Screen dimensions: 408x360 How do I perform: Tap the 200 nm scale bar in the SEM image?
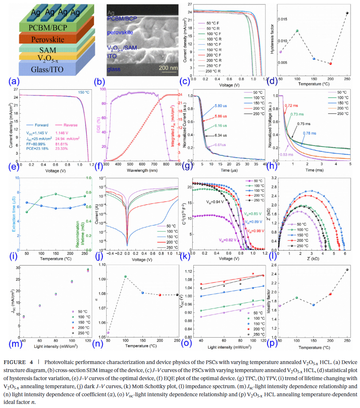(169, 68)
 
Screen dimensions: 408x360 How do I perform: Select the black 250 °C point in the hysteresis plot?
(347, 13)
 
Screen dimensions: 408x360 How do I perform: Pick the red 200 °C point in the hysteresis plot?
(330, 63)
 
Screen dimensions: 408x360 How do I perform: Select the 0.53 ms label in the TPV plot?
(287, 155)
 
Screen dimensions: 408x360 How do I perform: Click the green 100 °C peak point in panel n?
(125, 277)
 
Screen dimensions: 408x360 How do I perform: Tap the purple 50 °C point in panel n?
(108, 333)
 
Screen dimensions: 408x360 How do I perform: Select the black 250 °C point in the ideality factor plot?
(347, 270)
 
